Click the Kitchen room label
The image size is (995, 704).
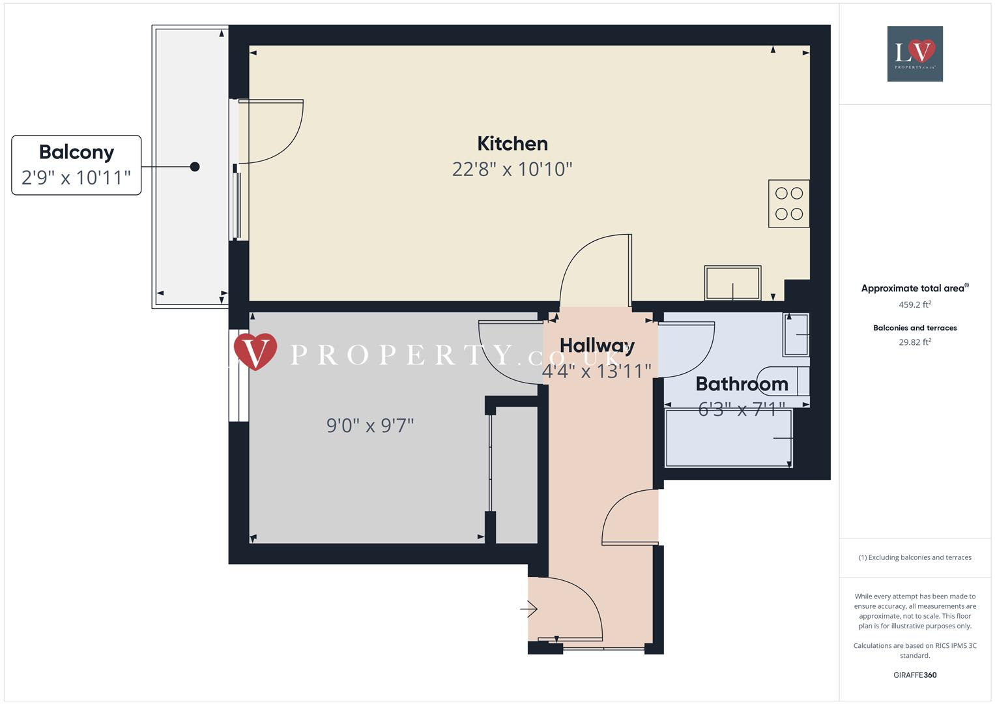point(512,143)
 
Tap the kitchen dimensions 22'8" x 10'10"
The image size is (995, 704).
point(512,169)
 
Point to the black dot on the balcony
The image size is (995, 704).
point(195,167)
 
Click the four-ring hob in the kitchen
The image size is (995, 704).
point(788,203)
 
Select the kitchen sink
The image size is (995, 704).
point(732,283)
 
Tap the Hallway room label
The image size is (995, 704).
point(597,345)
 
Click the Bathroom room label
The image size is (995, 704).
point(742,384)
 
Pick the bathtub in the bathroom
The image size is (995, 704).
point(728,438)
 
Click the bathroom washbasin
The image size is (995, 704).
point(796,335)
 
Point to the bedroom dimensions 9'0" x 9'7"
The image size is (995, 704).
point(370,426)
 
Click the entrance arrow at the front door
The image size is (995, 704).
point(528,609)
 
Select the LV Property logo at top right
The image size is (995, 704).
point(915,53)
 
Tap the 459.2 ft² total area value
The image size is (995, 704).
point(915,304)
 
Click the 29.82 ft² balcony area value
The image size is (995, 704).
point(915,342)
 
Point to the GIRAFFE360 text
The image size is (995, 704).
point(915,675)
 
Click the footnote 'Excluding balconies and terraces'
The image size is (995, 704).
point(915,557)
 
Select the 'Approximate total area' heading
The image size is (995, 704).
point(914,288)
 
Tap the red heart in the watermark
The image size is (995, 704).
point(255,351)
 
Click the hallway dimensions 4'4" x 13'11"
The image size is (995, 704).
point(597,371)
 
